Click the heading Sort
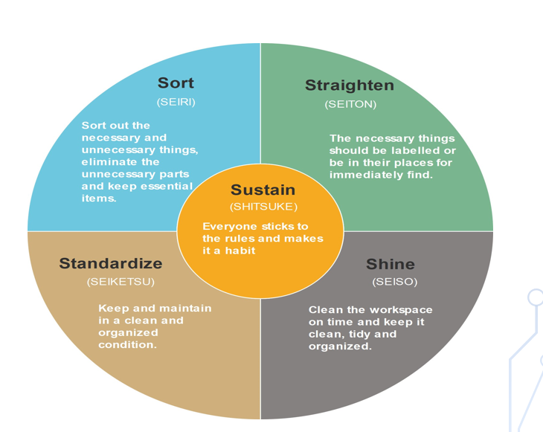(x=176, y=83)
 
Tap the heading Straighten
(x=350, y=85)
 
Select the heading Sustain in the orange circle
(x=263, y=190)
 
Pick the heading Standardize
(x=111, y=263)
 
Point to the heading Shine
(x=391, y=264)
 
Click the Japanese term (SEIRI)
(x=176, y=102)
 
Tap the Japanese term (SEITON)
(x=350, y=104)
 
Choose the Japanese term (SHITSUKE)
(x=263, y=207)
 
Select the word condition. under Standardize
(x=128, y=344)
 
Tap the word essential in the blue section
(x=164, y=186)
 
